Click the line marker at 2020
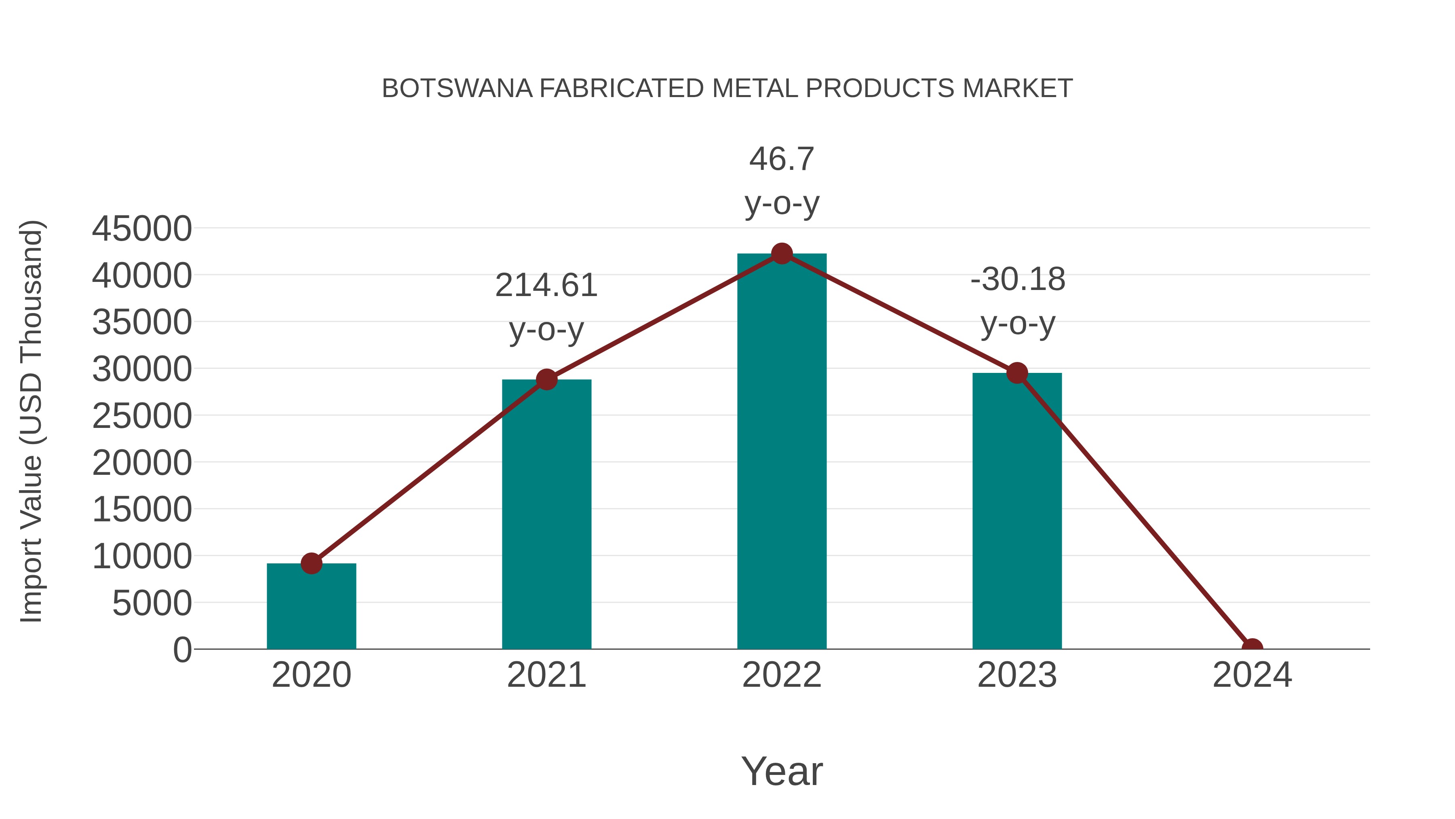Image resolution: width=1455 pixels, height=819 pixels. pyautogui.click(x=311, y=563)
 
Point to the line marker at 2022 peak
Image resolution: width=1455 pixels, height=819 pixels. pyautogui.click(x=782, y=253)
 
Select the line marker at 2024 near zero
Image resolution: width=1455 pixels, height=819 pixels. pyautogui.click(x=1252, y=648)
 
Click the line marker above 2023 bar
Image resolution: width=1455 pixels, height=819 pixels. pyautogui.click(x=1017, y=373)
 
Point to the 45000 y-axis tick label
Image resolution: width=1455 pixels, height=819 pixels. pyautogui.click(x=142, y=229)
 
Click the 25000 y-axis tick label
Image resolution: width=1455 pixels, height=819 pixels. pyautogui.click(x=142, y=416)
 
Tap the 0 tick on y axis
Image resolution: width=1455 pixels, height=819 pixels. pyautogui.click(x=182, y=650)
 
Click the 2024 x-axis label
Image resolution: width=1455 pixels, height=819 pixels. pyautogui.click(x=1252, y=675)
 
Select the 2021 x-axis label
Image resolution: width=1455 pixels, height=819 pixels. pyautogui.click(x=546, y=675)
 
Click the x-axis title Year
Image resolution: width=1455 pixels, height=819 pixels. pyautogui.click(x=782, y=771)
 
